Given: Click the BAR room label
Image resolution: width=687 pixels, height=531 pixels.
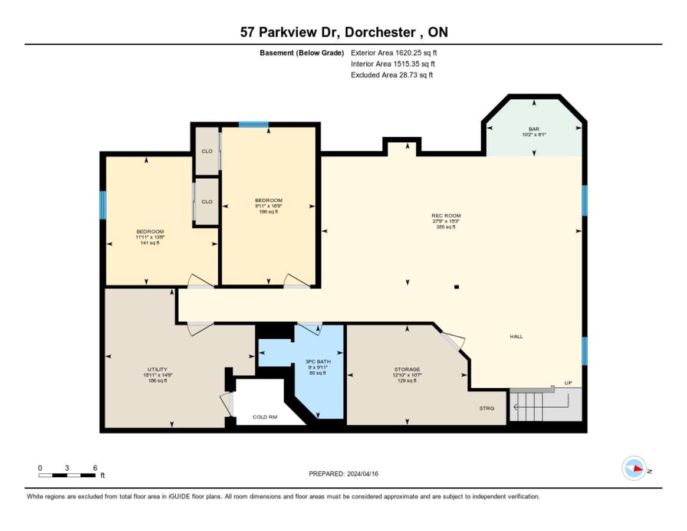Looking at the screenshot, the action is click(x=534, y=129).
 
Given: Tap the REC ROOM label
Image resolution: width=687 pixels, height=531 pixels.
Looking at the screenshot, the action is click(x=446, y=215).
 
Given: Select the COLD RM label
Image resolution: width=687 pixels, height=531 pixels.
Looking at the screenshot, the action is click(x=265, y=417).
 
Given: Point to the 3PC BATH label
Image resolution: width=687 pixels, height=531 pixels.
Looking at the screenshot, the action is click(x=318, y=361).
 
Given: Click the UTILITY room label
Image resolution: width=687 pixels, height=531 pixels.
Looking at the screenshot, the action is click(x=157, y=369).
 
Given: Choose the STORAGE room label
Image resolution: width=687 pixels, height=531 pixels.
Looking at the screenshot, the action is click(x=407, y=369).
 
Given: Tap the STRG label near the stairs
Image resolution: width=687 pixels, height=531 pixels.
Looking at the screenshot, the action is click(x=487, y=408).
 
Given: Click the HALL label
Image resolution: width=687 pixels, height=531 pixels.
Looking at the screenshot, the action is click(x=517, y=336).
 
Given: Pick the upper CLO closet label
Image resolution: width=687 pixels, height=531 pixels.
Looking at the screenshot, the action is click(x=207, y=151).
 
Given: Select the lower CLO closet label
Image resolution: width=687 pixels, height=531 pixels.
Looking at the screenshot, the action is click(x=207, y=202).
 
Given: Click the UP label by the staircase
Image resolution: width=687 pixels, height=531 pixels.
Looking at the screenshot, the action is click(x=568, y=383).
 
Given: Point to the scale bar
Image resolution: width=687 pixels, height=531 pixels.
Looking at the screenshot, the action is click(x=67, y=475).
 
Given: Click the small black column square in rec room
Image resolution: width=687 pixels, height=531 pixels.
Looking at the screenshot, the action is click(x=456, y=287).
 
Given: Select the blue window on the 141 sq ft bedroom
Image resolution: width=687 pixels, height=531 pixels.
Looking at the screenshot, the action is click(x=103, y=205).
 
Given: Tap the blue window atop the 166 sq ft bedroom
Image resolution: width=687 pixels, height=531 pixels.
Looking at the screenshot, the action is click(x=253, y=125).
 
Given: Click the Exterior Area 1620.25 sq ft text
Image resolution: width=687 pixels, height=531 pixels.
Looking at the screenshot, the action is click(x=394, y=53).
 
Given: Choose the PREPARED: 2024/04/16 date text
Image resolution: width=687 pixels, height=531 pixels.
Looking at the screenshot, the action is click(x=343, y=474).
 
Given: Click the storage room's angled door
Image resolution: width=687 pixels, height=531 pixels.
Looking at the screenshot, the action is click(x=453, y=340).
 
